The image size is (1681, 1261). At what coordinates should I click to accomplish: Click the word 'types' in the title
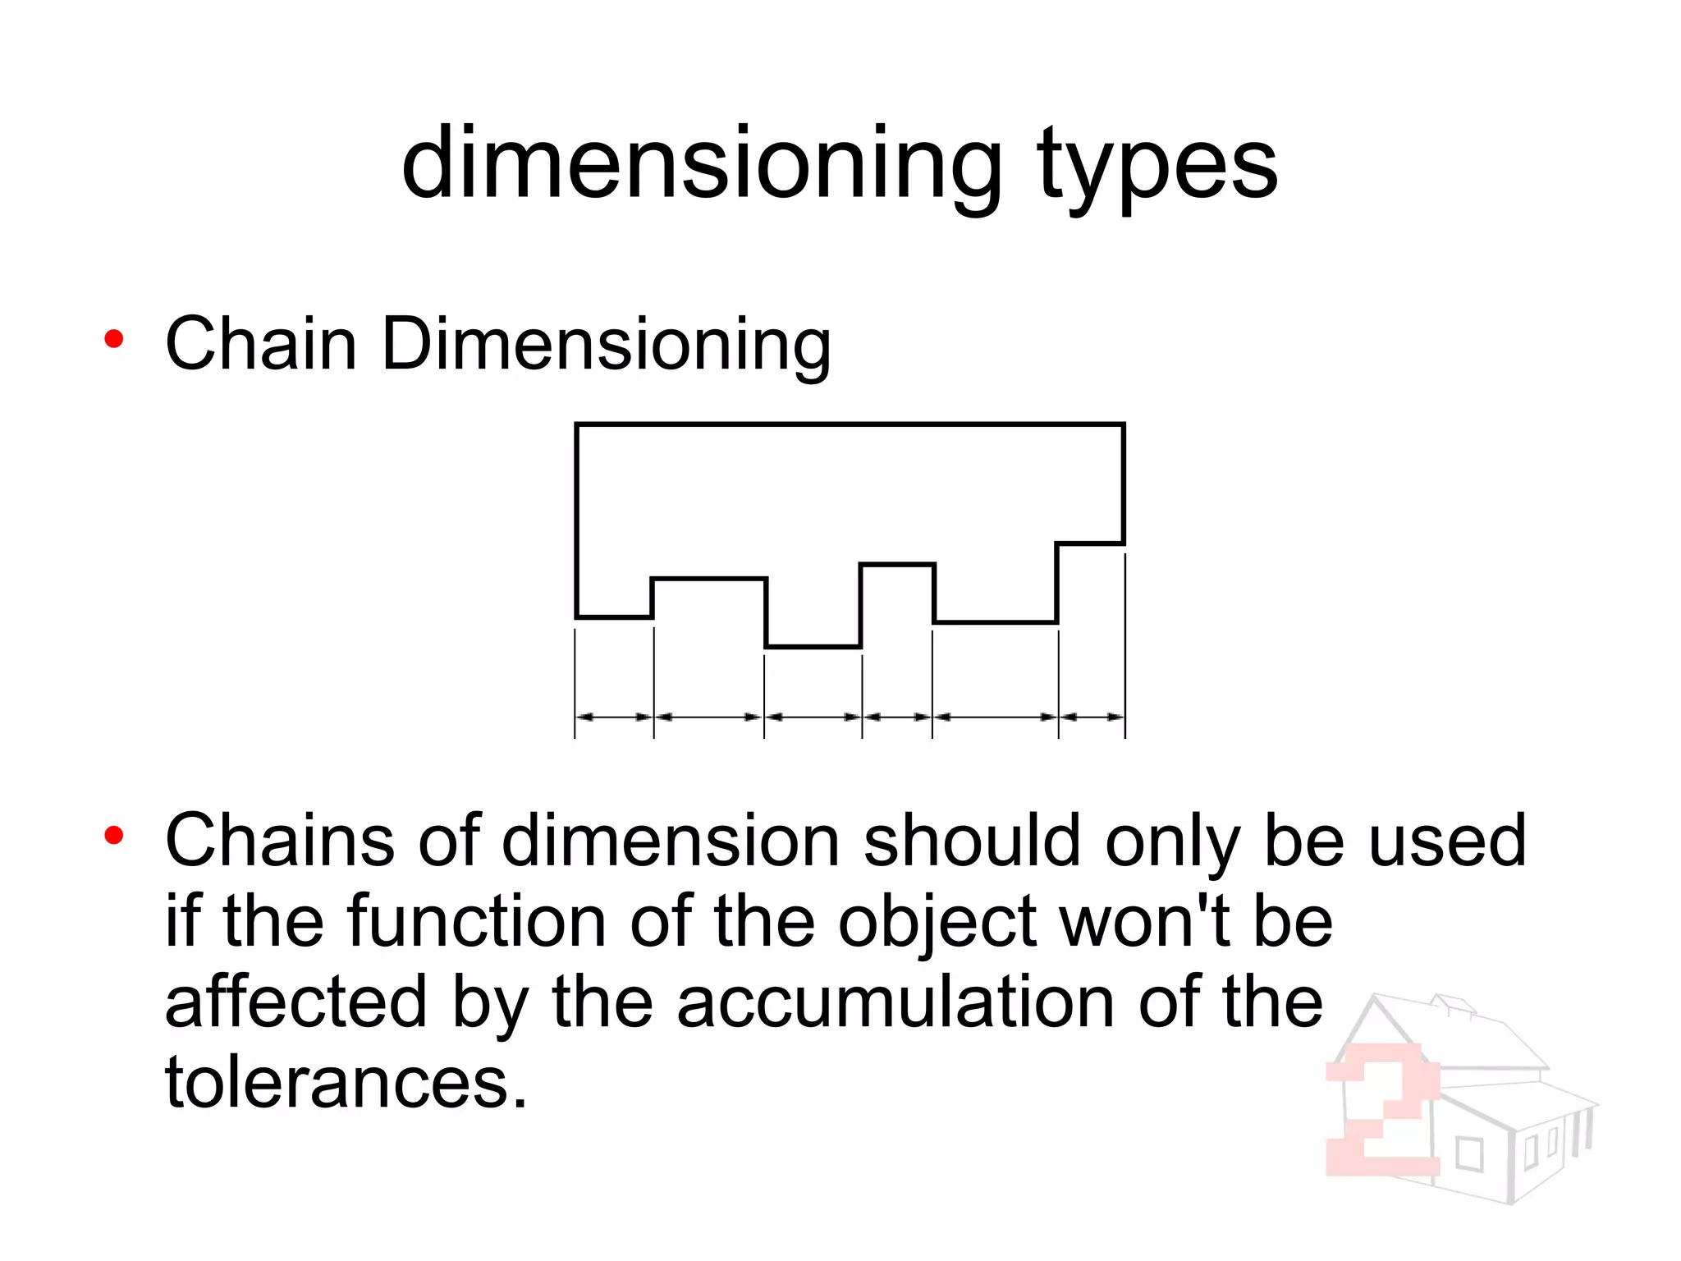1157,168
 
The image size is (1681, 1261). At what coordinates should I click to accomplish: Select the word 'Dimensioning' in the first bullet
606,345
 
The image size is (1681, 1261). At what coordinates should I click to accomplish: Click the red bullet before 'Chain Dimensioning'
114,339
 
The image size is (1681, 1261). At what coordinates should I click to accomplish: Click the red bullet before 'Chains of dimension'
114,837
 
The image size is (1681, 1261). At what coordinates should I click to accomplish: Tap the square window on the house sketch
1469,1154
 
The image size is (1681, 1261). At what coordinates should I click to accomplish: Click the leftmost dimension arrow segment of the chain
614,717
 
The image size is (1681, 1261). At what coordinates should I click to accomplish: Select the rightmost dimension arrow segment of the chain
1092,717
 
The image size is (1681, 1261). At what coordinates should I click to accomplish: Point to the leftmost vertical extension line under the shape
575,681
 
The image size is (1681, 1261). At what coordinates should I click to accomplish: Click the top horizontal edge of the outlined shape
850,424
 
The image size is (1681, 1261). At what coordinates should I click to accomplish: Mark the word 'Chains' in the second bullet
279,841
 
